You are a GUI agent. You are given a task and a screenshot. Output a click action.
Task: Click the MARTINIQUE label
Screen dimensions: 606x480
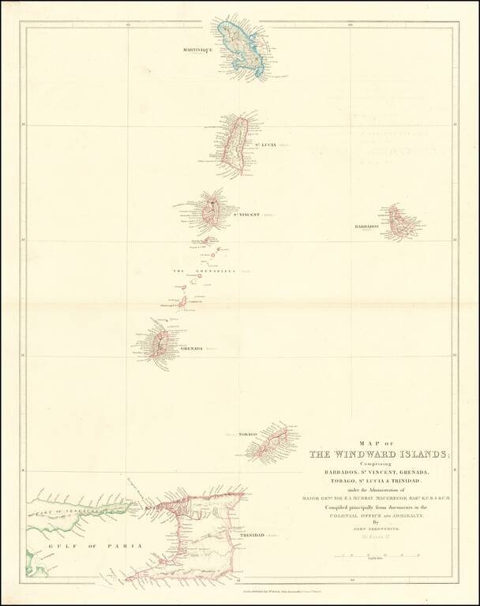pos(198,50)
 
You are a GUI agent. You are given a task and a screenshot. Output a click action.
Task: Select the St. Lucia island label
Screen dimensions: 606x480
pos(264,145)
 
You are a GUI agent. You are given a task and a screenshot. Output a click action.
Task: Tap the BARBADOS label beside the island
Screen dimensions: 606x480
pos(367,226)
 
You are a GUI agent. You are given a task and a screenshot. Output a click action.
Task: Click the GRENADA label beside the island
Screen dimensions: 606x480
pos(192,348)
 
